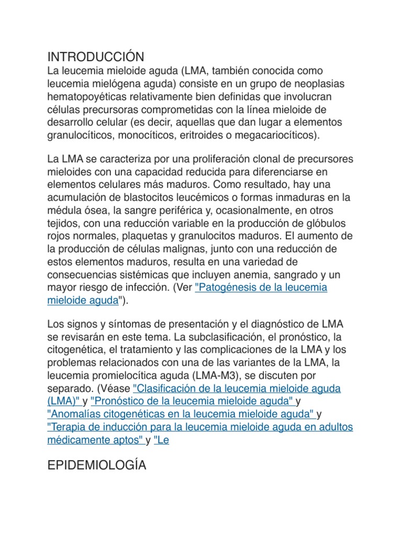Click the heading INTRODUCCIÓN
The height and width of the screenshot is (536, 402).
point(95,57)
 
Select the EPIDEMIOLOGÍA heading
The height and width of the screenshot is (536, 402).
point(97,465)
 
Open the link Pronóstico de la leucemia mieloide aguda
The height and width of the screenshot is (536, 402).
point(192,401)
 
